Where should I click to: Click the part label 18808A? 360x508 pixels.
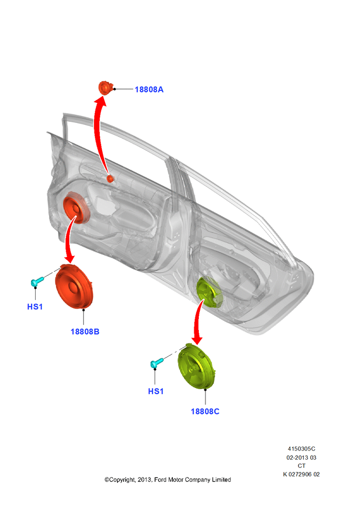149,89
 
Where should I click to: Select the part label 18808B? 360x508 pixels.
85,331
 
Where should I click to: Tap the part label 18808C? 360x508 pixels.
205,411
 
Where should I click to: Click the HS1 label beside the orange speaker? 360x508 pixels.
35,306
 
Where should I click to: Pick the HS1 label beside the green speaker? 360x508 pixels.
156,391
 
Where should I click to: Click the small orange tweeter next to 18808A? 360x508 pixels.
105,88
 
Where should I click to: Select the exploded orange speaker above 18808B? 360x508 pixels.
74,287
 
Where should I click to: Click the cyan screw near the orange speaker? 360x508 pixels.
37,281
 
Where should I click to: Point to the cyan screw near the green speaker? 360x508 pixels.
157,363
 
